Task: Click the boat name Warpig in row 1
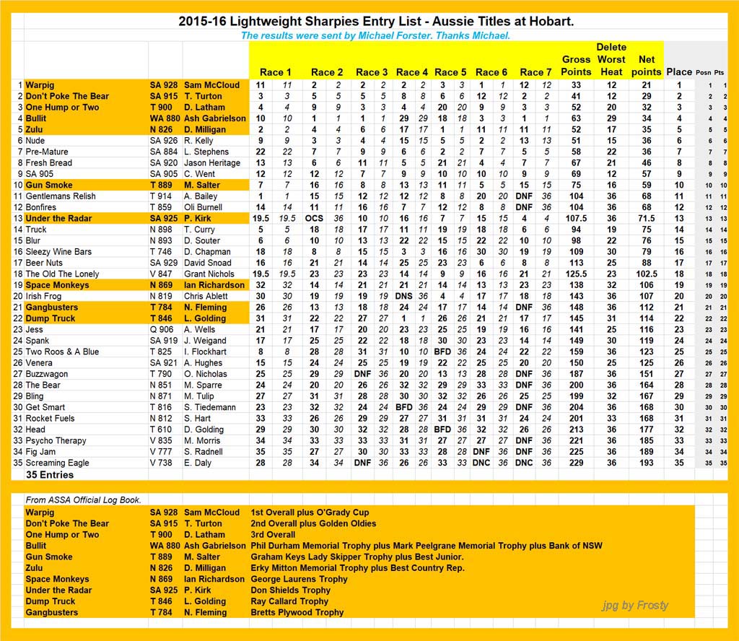click(x=41, y=85)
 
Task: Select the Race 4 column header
click(x=412, y=72)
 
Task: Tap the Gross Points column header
click(x=576, y=66)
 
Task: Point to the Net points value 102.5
click(x=646, y=274)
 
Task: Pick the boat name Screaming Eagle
click(x=58, y=463)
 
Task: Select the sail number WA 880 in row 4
click(x=165, y=118)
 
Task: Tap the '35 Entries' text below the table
click(x=51, y=475)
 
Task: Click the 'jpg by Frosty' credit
click(x=635, y=605)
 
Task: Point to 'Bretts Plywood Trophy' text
click(x=297, y=613)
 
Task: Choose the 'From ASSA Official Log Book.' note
click(x=83, y=500)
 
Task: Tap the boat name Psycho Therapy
click(x=56, y=440)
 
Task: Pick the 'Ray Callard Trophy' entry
click(x=289, y=601)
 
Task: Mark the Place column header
click(x=679, y=72)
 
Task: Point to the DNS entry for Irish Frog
click(x=404, y=297)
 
